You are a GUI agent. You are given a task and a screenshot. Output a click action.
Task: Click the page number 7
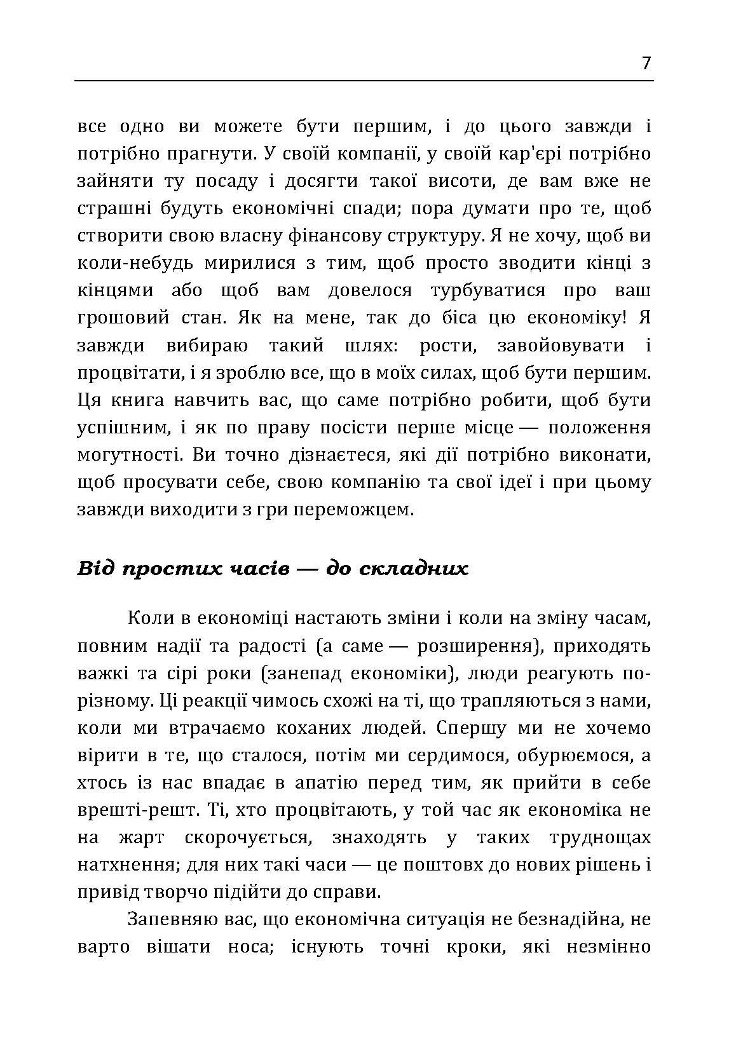(646, 64)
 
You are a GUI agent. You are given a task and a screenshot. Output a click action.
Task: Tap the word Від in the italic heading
(95, 567)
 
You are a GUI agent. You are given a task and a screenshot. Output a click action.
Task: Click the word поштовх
(474, 865)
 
